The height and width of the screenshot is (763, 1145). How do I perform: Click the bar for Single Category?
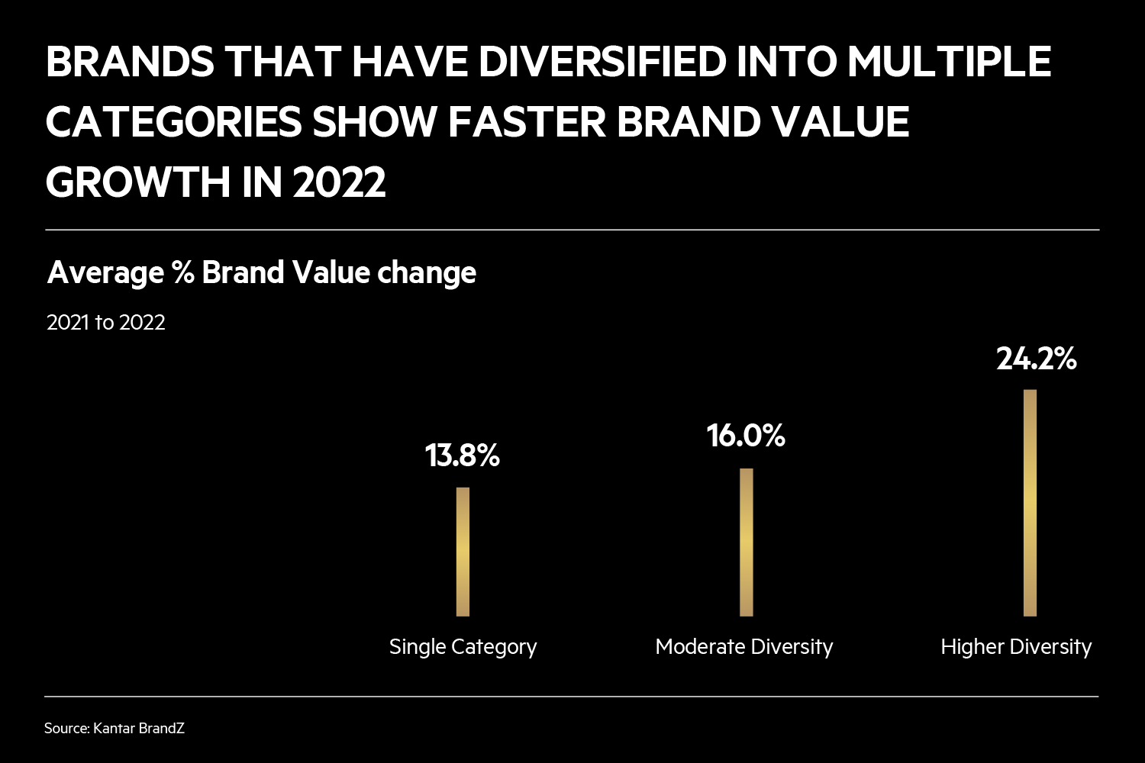click(463, 551)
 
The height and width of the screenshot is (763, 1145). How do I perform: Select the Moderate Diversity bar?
click(746, 542)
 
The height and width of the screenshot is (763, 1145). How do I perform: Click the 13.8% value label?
click(463, 456)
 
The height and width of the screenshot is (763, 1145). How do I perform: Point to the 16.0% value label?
click(746, 436)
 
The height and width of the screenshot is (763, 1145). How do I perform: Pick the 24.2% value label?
click(1036, 358)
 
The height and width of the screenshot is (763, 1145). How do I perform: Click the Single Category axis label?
click(463, 647)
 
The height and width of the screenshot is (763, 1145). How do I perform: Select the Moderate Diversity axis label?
click(744, 647)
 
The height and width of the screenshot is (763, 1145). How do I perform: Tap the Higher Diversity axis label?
click(1016, 647)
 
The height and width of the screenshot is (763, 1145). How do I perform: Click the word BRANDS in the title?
click(130, 62)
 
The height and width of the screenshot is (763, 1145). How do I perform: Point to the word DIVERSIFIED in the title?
click(602, 62)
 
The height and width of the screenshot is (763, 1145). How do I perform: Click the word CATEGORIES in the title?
click(173, 122)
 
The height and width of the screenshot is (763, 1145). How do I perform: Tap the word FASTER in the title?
click(527, 122)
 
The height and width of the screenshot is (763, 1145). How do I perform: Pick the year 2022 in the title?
click(339, 182)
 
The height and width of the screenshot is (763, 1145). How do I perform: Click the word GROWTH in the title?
click(140, 182)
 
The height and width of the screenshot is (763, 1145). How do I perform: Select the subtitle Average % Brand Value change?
click(262, 272)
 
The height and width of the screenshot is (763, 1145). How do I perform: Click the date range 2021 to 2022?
click(106, 323)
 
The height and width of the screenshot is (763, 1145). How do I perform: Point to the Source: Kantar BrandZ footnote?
click(114, 729)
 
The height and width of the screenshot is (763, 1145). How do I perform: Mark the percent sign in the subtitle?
click(183, 272)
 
